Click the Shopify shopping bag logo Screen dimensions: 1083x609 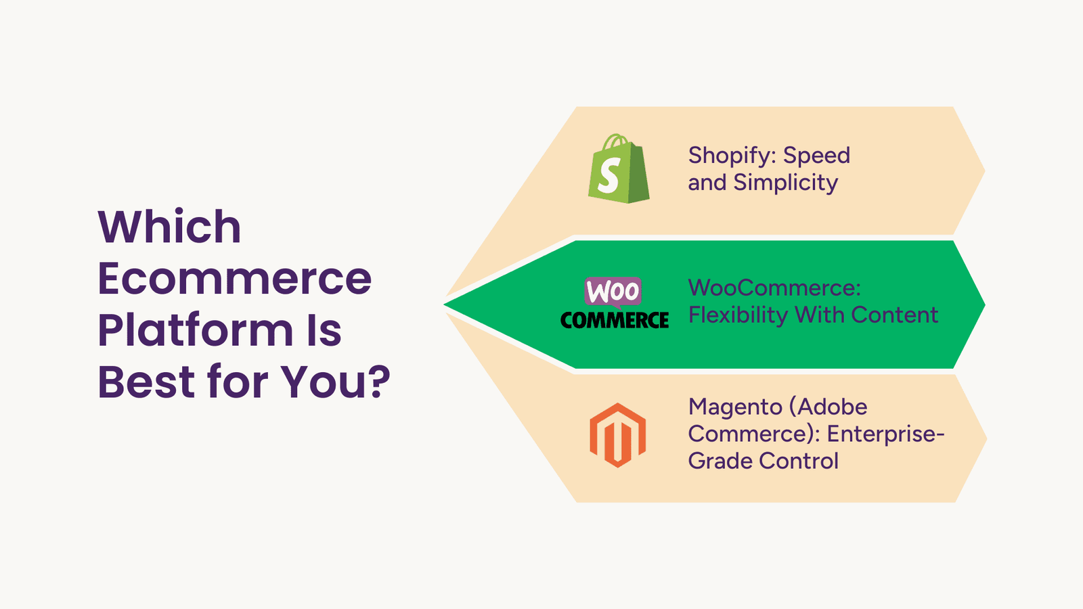[619, 168]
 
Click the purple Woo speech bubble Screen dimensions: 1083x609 [613, 292]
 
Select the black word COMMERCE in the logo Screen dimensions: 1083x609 [615, 321]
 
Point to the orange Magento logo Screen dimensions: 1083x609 [618, 435]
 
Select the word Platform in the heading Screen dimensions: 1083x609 [196, 331]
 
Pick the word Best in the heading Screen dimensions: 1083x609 [146, 382]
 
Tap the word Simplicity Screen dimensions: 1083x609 [786, 183]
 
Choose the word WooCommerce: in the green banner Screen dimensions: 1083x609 [774, 288]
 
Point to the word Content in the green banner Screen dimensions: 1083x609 [894, 315]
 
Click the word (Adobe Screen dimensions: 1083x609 [828, 407]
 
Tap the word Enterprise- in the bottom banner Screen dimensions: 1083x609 [886, 434]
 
